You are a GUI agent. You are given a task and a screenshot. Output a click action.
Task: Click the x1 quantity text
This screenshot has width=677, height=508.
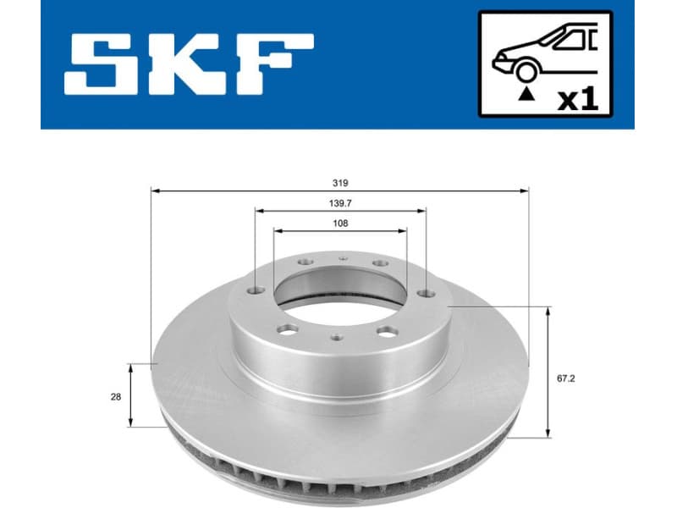tap(578, 100)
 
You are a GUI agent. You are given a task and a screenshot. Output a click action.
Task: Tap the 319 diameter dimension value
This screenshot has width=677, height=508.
tap(340, 182)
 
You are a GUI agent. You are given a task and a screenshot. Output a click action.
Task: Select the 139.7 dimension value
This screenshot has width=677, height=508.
tap(340, 203)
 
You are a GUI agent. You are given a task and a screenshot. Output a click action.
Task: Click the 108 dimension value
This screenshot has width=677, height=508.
tap(340, 224)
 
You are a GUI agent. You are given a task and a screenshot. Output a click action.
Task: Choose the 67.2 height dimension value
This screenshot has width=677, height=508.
tap(564, 378)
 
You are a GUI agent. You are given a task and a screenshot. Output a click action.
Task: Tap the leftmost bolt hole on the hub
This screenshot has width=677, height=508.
tap(256, 292)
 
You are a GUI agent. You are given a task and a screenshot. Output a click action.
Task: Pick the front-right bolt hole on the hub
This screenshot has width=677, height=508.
tap(388, 330)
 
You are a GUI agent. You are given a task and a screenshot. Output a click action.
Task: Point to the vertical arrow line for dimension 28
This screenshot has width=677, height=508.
tap(131, 395)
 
